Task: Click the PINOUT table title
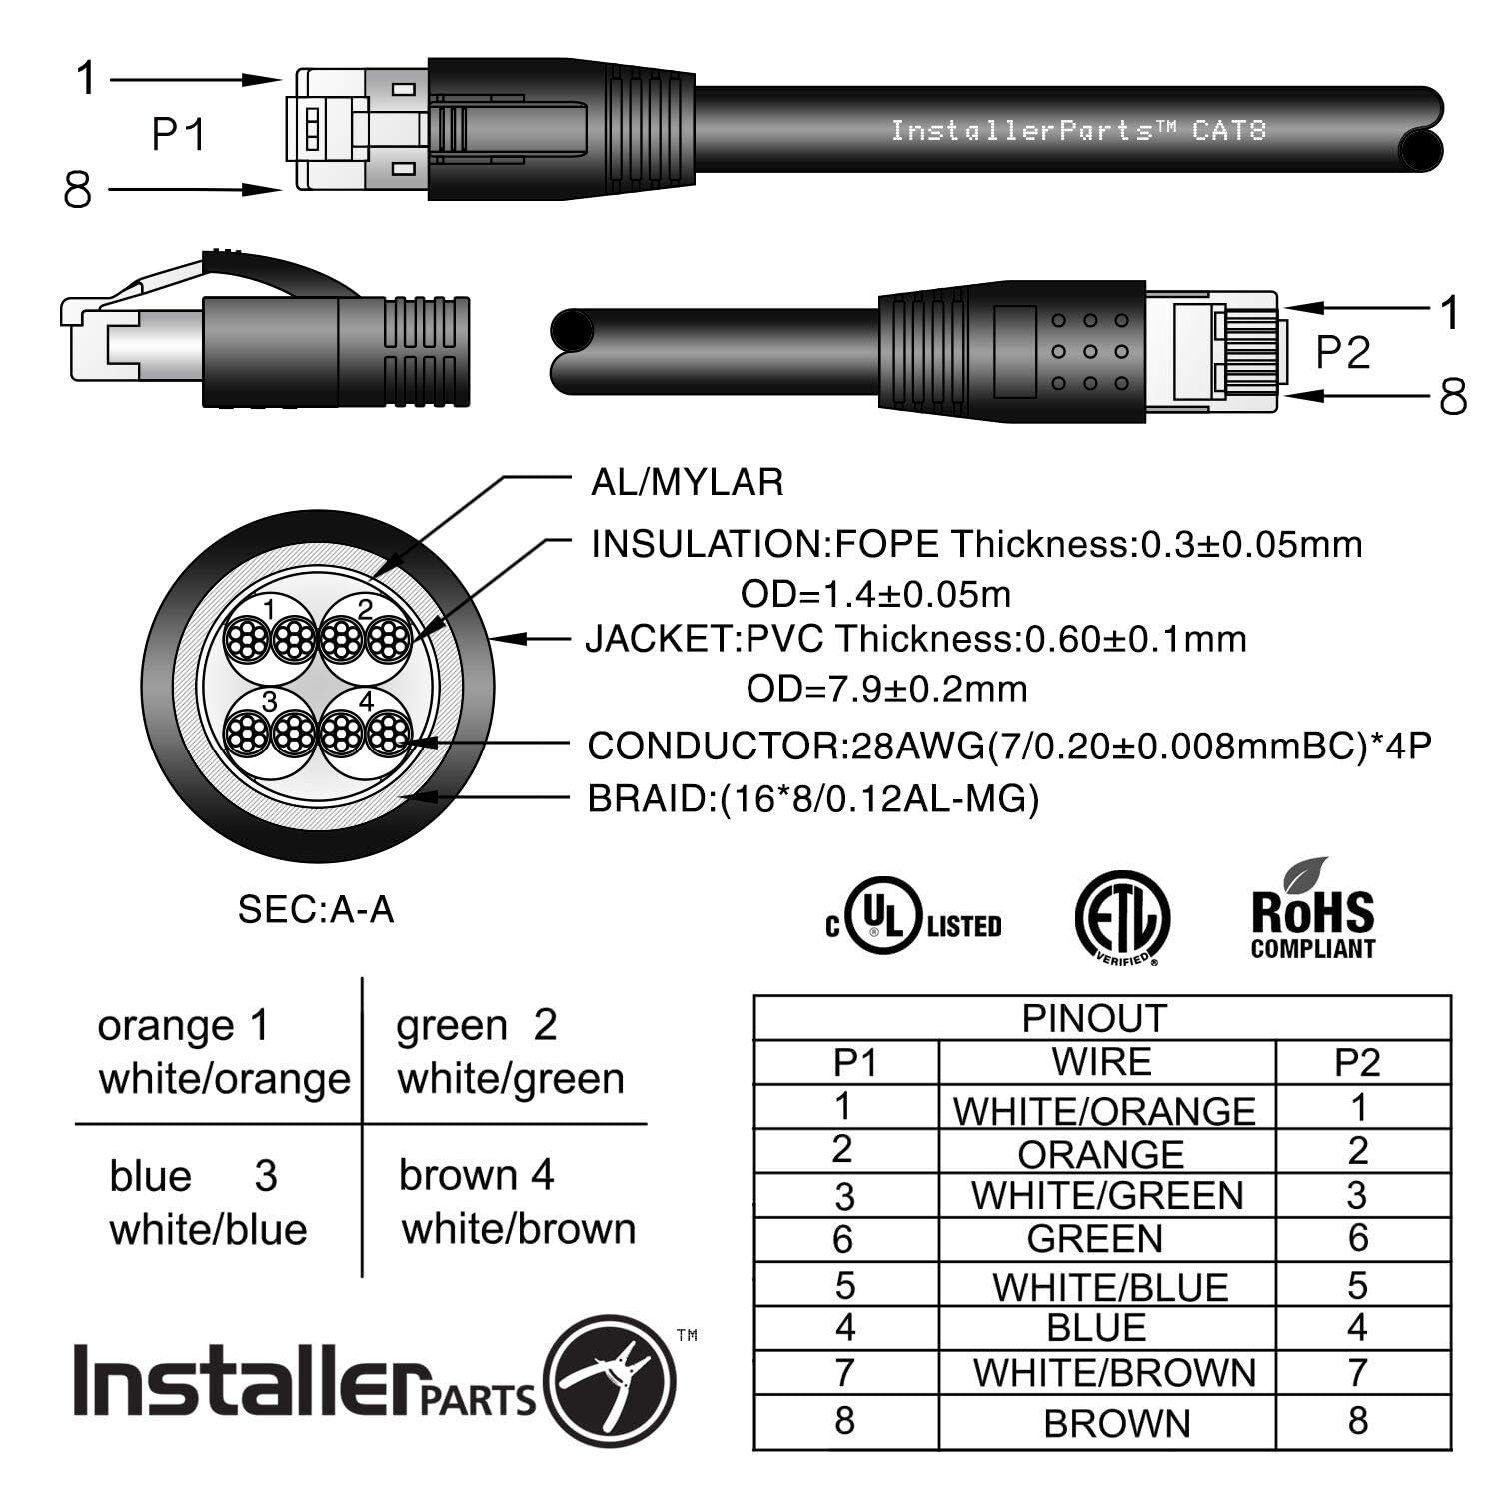1094,1018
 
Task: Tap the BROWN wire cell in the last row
1116,1423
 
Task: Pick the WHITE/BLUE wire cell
1110,1286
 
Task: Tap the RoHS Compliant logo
1312,911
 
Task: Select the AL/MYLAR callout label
687,483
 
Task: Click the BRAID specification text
812,799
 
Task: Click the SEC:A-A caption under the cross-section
315,909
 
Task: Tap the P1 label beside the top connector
178,134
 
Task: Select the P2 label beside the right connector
1342,352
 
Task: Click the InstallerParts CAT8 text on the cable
1078,131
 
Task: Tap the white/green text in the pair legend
510,1079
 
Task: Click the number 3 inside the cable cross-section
269,702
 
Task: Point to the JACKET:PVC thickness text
914,639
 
